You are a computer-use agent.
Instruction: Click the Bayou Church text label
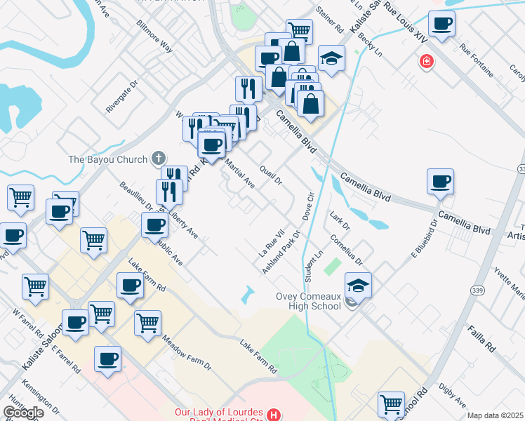[108, 159]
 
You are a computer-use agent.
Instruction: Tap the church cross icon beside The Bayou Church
[159, 158]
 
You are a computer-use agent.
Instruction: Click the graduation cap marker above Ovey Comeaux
[358, 285]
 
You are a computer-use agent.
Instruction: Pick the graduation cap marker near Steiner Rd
[331, 58]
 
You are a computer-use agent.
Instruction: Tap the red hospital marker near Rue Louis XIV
[425, 63]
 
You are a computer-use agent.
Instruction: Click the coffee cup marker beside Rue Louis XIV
[442, 25]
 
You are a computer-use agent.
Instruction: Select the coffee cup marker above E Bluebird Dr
[440, 182]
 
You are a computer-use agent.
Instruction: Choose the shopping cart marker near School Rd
[391, 403]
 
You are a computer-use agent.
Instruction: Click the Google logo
[23, 413]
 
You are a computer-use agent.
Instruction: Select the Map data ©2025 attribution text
[496, 415]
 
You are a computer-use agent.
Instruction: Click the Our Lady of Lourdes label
[219, 412]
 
